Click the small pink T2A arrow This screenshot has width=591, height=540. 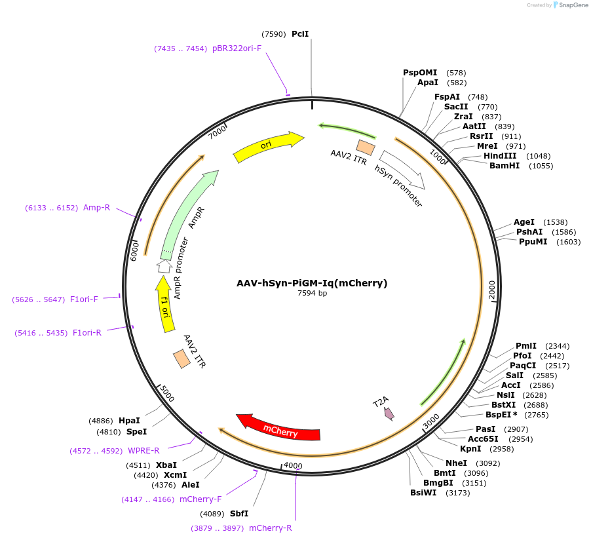coord(389,413)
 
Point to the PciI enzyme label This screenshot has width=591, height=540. coord(300,34)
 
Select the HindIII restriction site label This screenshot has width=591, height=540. coord(500,156)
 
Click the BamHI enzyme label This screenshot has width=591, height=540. coord(505,166)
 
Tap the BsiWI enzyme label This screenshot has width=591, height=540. coord(423,493)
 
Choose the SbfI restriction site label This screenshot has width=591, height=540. coord(239,514)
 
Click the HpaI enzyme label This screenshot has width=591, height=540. coord(129,421)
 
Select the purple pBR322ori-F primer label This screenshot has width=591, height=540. coord(237,48)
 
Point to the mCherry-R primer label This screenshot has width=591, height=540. coord(270,528)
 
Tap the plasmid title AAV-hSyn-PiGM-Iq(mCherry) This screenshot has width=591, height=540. coord(312,283)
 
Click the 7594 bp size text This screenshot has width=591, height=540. coord(312,294)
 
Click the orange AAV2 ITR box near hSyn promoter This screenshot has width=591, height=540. coord(365,147)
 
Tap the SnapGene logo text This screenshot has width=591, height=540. coord(573,5)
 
